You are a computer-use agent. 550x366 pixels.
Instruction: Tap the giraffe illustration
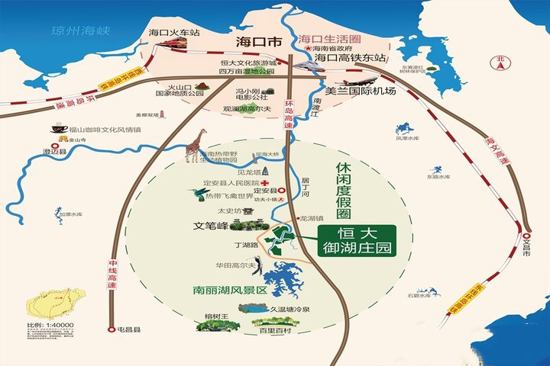[196, 146]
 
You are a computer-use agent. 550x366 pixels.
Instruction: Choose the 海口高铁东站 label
[351, 57]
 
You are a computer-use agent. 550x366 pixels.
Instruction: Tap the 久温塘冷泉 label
[290, 308]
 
